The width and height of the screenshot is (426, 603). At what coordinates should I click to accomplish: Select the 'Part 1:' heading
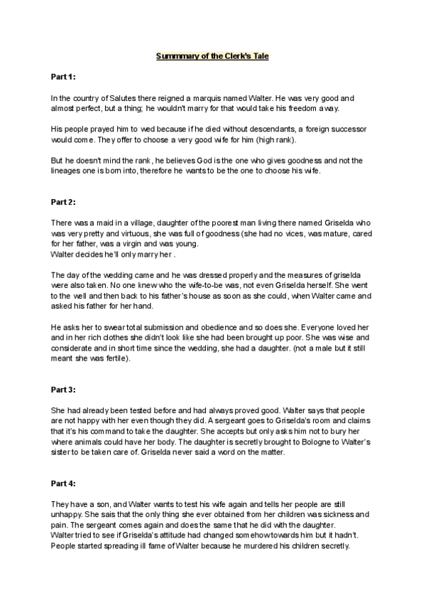pyautogui.click(x=64, y=76)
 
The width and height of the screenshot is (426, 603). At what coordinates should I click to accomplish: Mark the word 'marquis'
pyautogui.click(x=217, y=97)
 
